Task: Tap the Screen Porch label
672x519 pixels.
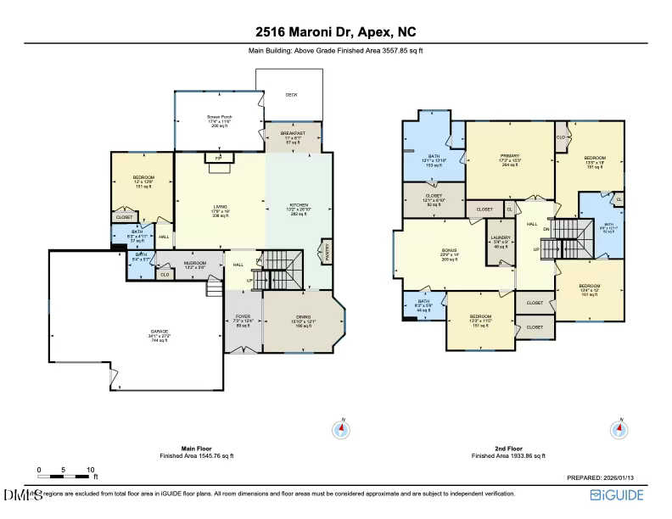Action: [x=220, y=117]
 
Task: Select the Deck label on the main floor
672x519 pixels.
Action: [x=291, y=95]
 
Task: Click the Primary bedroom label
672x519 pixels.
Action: [x=510, y=157]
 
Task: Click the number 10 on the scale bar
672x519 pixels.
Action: [x=90, y=469]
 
